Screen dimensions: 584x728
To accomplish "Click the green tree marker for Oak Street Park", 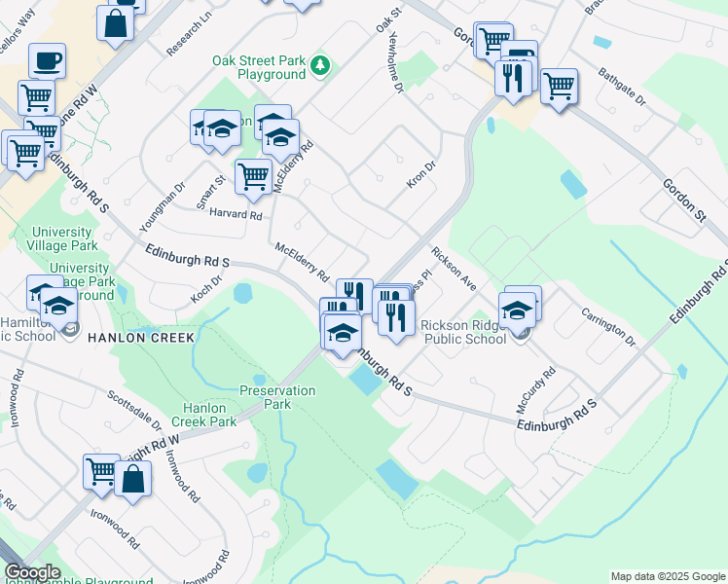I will pos(320,66).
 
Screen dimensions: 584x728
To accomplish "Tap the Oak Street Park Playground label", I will pos(259,68).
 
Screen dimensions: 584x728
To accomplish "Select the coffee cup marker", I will pos(48,61).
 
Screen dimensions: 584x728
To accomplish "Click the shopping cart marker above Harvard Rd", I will pos(253,177).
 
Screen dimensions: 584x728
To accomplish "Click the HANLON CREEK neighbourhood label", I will pos(142,337).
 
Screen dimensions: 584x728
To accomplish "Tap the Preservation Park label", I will pos(278,397).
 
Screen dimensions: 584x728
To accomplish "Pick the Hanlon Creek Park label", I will pos(203,416).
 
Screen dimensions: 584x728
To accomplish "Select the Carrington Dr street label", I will pos(608,327).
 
